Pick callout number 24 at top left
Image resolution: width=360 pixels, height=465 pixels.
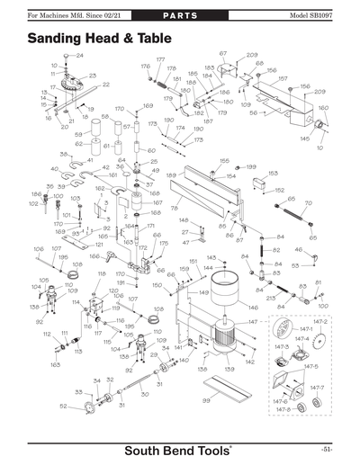(x=79, y=56)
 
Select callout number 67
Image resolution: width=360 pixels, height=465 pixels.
(x=223, y=54)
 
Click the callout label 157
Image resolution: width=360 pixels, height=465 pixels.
(x=283, y=78)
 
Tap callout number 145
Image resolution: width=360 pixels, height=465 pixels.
(x=305, y=139)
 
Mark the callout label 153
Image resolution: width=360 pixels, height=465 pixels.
(x=273, y=173)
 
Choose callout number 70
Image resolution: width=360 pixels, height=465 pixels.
(x=308, y=203)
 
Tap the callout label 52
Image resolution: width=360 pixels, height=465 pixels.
(x=63, y=407)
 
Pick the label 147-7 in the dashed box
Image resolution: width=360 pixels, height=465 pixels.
(x=317, y=387)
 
